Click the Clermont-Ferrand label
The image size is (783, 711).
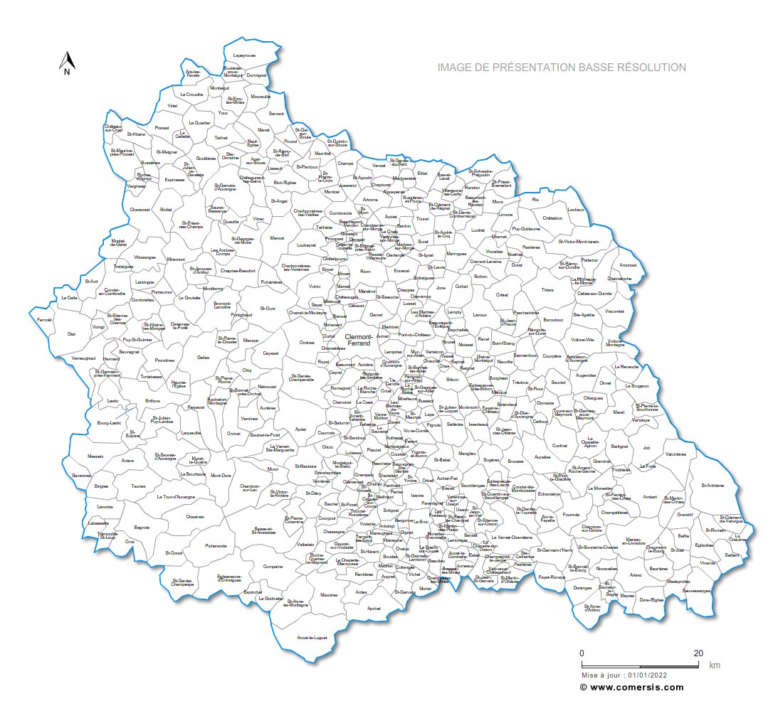[357, 340]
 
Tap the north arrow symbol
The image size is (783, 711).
[66, 63]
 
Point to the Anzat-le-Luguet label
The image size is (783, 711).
[312, 638]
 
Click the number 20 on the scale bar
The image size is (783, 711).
[698, 653]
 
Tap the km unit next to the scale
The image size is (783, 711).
[714, 666]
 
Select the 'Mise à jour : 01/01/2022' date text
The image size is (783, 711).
[624, 674]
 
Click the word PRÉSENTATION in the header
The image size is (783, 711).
[523, 68]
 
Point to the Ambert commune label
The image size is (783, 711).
[650, 497]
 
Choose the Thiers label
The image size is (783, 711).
[547, 290]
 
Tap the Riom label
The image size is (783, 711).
[366, 271]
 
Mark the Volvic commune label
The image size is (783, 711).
[314, 287]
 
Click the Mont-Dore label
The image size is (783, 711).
[221, 476]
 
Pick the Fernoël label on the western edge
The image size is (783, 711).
[44, 320]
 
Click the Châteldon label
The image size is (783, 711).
[552, 218]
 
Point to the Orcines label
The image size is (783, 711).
[307, 343]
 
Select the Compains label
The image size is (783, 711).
[273, 566]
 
